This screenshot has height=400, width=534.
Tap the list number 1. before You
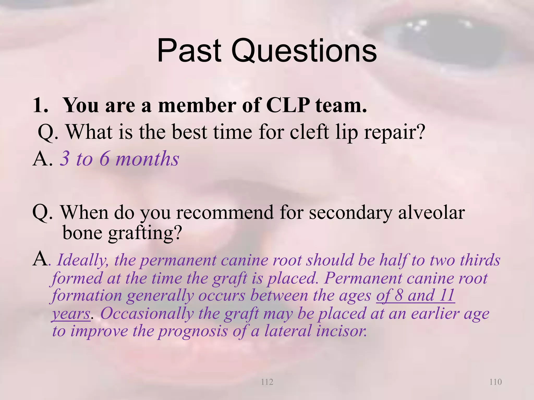click(x=41, y=105)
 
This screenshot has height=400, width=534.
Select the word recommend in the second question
click(x=225, y=213)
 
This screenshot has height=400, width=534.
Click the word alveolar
click(x=431, y=213)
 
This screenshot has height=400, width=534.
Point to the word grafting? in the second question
click(x=144, y=233)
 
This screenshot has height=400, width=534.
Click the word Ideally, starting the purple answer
click(x=83, y=260)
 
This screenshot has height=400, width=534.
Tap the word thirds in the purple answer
click(x=480, y=260)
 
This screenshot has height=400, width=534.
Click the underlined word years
click(x=71, y=314)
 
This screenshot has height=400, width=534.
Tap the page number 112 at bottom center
click(x=267, y=382)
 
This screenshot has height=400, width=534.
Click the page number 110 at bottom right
click(x=495, y=382)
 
